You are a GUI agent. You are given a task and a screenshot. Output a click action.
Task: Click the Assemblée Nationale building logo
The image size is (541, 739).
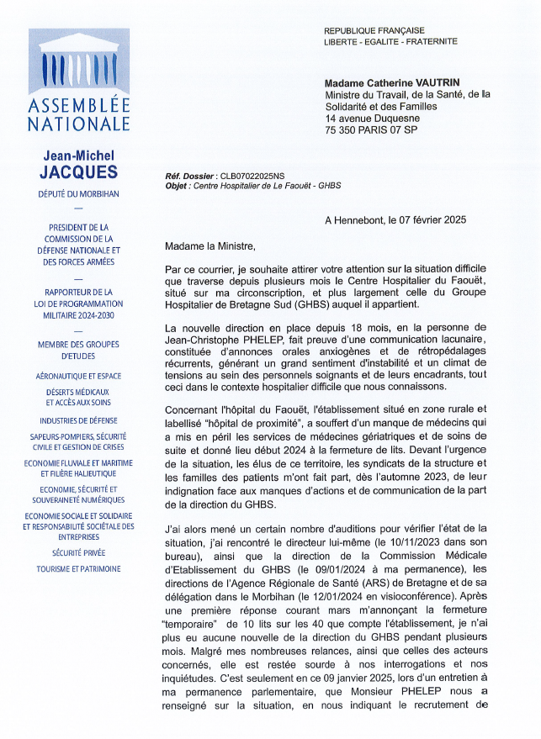coord(78,63)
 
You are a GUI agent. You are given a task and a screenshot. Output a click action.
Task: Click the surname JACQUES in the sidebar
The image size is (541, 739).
coord(78,172)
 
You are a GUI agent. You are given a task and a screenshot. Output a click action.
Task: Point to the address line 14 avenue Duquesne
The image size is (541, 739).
coord(373,119)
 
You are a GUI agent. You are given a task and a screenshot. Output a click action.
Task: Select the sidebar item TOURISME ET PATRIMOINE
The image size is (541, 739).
coord(78,569)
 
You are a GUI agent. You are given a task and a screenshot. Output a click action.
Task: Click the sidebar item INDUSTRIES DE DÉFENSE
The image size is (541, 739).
coord(78,420)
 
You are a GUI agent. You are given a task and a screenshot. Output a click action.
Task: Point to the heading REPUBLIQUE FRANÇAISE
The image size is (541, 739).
coord(374,30)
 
